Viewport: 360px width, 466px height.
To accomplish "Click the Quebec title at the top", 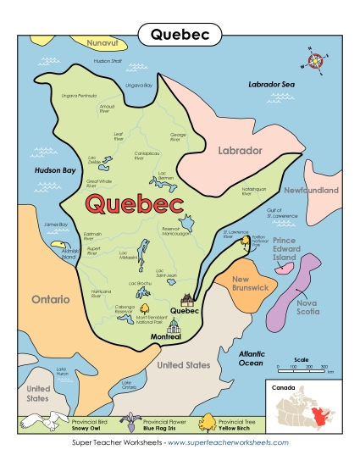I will point(179,34).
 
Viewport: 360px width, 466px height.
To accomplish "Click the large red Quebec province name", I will point(135,205).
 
